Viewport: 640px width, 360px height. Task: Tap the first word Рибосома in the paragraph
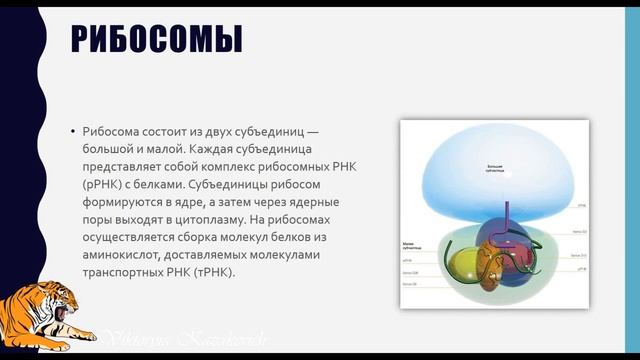(x=114, y=133)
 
